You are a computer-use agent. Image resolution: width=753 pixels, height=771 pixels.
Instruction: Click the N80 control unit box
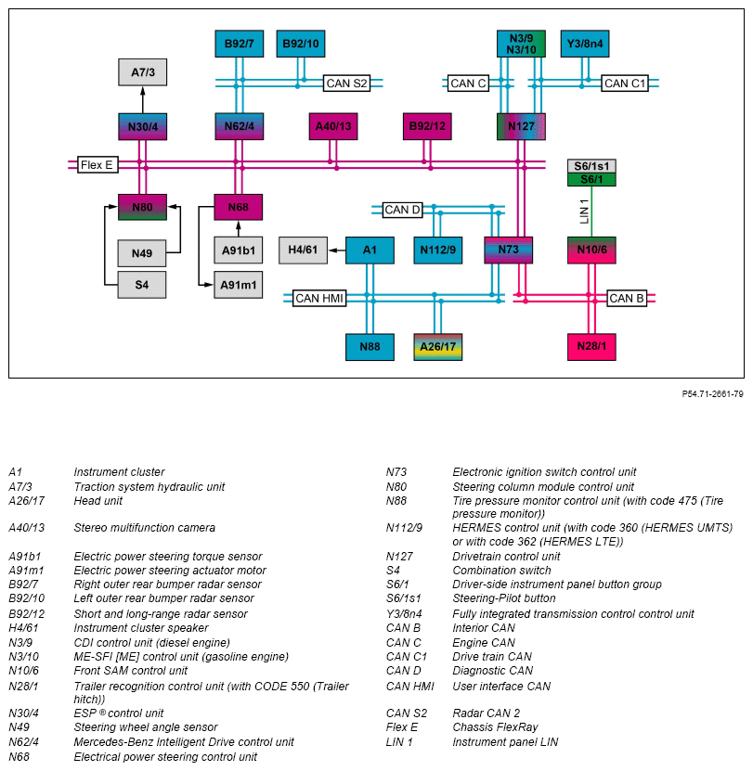(142, 207)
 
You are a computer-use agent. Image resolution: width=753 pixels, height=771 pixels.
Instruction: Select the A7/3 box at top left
(142, 71)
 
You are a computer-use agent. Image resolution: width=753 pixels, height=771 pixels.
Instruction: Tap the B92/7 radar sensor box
(239, 44)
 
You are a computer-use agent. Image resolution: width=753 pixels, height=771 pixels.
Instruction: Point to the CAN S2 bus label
(346, 84)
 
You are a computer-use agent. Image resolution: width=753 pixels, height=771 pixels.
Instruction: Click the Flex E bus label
(97, 165)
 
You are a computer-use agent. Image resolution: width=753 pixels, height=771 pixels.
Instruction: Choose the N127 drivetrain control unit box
(521, 126)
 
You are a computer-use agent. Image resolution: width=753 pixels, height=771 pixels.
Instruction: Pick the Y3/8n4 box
(586, 44)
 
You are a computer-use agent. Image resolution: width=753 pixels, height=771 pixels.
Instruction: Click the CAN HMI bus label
(319, 299)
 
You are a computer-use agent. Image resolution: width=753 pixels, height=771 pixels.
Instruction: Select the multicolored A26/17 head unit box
(438, 347)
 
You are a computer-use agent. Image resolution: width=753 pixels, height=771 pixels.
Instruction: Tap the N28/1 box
(591, 347)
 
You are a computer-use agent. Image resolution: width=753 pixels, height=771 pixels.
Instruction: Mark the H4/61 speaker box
(303, 251)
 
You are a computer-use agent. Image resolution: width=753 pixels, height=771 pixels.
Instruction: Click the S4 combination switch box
(142, 285)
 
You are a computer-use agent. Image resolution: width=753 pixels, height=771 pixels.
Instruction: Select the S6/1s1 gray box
(591, 166)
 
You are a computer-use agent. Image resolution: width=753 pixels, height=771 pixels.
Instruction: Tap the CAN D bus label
(403, 210)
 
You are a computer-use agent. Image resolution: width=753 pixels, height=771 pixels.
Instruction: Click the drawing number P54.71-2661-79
(712, 393)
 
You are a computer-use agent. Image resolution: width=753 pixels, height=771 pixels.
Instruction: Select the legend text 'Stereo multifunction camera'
(144, 528)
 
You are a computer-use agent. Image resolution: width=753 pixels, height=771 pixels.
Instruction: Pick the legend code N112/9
(404, 528)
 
